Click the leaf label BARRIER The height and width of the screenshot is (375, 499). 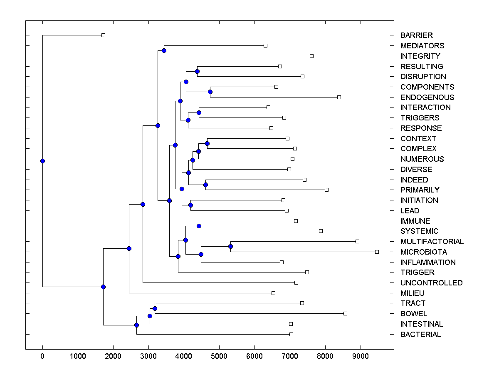pyautogui.click(x=416, y=35)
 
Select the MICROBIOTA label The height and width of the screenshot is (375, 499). pyautogui.click(x=424, y=252)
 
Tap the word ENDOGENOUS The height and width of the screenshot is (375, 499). pyautogui.click(x=427, y=97)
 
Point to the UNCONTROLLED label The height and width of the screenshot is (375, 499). pyautogui.click(x=431, y=283)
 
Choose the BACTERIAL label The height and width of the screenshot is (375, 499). pyautogui.click(x=420, y=335)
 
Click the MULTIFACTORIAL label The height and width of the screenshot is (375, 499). pyautogui.click(x=432, y=242)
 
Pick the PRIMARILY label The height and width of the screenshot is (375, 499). pyautogui.click(x=420, y=190)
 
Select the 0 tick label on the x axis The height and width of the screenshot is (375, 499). pyautogui.click(x=42, y=356)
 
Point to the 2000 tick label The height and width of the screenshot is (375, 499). pyautogui.click(x=113, y=356)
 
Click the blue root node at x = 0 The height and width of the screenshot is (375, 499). pyautogui.click(x=42, y=161)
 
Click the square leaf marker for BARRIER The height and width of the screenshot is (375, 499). pyautogui.click(x=104, y=35)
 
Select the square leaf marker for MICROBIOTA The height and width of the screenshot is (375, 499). pyautogui.click(x=377, y=252)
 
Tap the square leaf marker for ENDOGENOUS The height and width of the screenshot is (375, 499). pyautogui.click(x=339, y=97)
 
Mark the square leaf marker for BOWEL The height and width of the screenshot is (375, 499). pyautogui.click(x=345, y=313)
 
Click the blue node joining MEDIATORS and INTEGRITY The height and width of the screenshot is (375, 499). pyautogui.click(x=164, y=50)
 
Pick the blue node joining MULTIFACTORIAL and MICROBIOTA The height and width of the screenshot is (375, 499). pyautogui.click(x=230, y=246)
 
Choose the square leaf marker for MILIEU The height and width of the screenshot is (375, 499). pyautogui.click(x=273, y=293)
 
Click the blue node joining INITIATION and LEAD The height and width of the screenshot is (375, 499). pyautogui.click(x=190, y=205)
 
